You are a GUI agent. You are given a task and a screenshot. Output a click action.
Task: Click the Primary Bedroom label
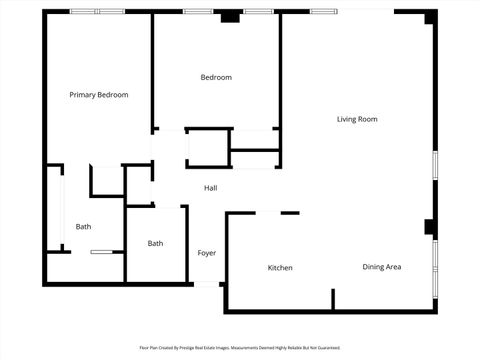point(98,95)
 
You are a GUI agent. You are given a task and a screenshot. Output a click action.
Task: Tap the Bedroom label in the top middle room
point(216,78)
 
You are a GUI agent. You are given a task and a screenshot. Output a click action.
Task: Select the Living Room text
point(356,119)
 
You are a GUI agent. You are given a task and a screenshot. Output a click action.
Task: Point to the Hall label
point(211,188)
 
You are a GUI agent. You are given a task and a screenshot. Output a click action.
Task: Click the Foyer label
point(207,253)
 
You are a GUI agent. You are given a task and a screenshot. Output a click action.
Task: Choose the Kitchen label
point(280,268)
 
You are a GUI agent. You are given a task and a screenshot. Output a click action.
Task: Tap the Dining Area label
point(382,267)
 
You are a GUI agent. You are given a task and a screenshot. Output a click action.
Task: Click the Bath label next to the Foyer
point(156,243)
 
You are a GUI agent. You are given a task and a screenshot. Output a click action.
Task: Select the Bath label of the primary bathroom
point(83,227)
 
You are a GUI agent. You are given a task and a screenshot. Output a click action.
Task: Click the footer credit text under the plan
point(240,348)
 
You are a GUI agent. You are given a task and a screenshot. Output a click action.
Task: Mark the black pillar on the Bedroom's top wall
point(231,16)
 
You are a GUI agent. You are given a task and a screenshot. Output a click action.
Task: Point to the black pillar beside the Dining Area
point(430,228)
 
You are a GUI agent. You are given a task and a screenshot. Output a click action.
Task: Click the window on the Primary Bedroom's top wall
point(97,11)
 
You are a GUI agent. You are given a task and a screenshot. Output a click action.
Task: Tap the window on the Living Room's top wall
point(323,11)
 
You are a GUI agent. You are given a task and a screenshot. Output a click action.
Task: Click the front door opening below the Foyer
point(207,284)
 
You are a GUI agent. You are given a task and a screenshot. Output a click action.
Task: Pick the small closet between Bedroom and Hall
point(208,148)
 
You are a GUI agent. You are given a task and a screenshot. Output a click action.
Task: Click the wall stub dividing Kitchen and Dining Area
point(333,298)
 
